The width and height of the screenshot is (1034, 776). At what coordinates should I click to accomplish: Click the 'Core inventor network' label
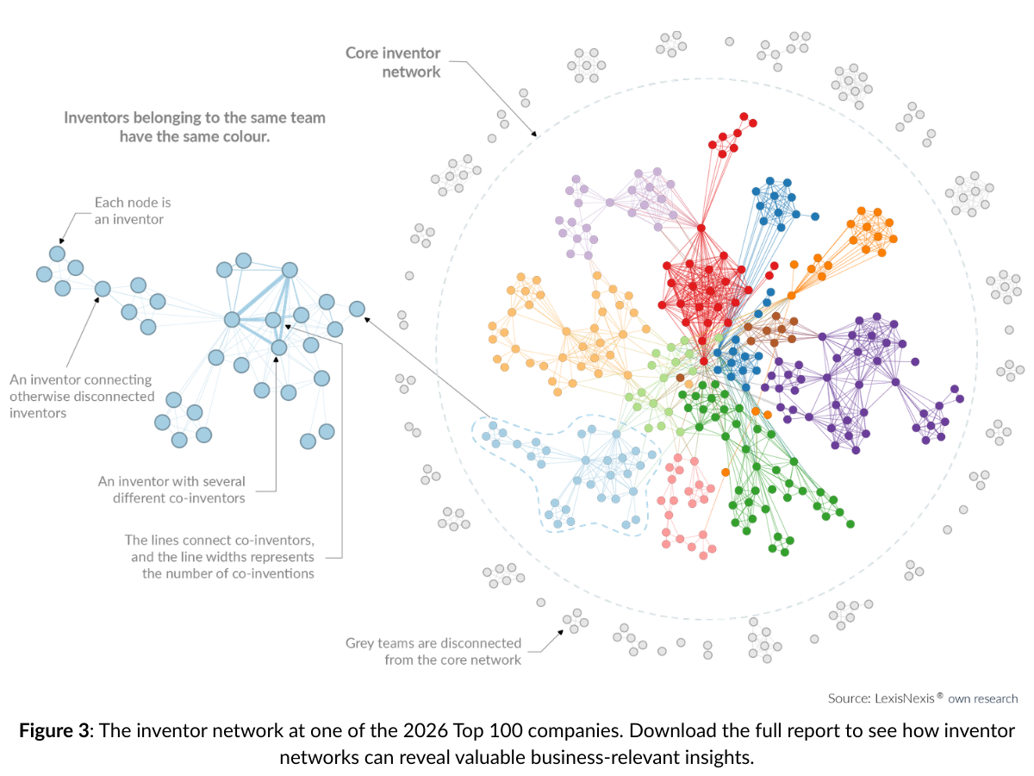pos(393,62)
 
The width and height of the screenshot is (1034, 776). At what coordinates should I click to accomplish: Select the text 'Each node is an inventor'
pos(133,210)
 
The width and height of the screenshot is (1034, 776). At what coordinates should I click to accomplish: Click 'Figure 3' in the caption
pos(53,731)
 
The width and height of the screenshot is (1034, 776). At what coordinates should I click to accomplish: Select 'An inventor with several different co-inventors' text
pos(171,489)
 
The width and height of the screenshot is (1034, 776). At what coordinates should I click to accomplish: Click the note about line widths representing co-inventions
pos(219,556)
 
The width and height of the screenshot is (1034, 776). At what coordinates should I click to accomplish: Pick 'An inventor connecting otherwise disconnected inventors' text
pos(81,396)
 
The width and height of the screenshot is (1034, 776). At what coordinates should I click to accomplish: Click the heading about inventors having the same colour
pos(195,127)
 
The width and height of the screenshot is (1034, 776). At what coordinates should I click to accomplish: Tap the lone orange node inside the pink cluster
pos(726,472)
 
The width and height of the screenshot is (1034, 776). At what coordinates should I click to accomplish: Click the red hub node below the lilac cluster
pos(701,228)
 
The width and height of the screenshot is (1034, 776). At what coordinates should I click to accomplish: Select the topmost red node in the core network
pos(743,116)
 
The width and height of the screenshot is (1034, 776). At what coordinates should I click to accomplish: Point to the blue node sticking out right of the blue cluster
pos(814,216)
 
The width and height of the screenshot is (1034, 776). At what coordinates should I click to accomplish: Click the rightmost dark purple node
pos(956,390)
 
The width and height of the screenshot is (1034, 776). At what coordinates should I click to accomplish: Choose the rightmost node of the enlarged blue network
pos(357,309)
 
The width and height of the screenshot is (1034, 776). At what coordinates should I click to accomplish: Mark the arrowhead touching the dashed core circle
pos(536,135)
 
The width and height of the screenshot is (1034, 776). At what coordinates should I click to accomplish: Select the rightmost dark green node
pos(850,523)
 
